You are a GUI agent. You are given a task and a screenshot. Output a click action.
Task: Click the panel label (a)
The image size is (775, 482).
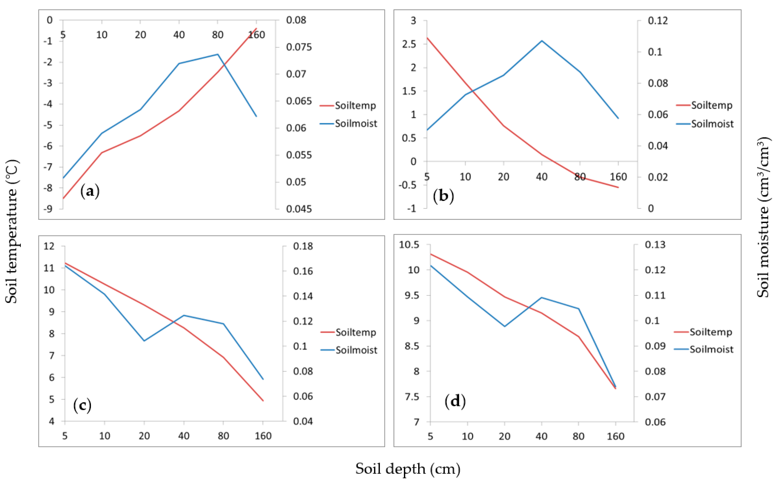(x=90, y=191)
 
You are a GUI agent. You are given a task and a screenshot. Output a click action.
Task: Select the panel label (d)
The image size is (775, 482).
(x=455, y=401)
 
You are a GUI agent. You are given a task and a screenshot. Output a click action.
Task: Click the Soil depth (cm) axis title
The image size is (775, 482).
(x=408, y=469)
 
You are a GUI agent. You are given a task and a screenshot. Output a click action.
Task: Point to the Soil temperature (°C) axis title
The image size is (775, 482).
(x=12, y=231)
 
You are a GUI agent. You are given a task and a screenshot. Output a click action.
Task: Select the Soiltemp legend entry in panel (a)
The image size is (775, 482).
(x=355, y=106)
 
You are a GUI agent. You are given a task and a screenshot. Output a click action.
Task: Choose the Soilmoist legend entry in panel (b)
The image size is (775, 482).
(x=712, y=124)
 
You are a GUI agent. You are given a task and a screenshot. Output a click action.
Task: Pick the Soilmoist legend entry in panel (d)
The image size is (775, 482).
(x=711, y=349)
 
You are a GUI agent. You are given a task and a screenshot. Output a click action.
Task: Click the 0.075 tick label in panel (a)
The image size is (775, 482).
(x=299, y=47)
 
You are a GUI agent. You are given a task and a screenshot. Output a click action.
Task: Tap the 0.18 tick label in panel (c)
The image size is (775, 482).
(x=303, y=246)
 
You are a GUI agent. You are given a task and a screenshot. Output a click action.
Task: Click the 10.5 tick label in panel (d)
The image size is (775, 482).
(x=409, y=245)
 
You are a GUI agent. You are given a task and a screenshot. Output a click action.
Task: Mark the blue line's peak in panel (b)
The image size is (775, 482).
(x=542, y=41)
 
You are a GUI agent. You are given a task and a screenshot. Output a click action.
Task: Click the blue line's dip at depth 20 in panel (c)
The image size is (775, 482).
(x=144, y=341)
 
